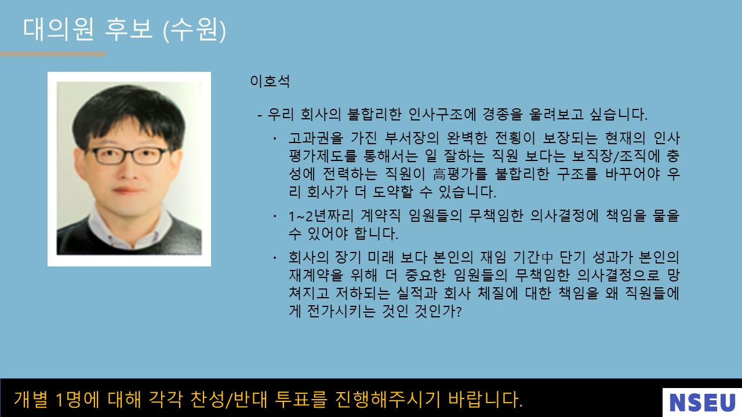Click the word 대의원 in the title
pos(58,30)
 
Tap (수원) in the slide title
pos(194,30)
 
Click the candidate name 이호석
pos(270,81)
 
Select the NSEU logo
pos(702,403)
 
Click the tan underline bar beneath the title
pos(53,54)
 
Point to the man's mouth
pos(128,191)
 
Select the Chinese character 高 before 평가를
pos(439,174)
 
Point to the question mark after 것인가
pos(459,312)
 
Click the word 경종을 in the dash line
pos(502,114)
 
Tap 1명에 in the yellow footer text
pos(78,399)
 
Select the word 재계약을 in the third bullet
pos(316,275)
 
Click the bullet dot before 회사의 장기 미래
pos(275,257)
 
